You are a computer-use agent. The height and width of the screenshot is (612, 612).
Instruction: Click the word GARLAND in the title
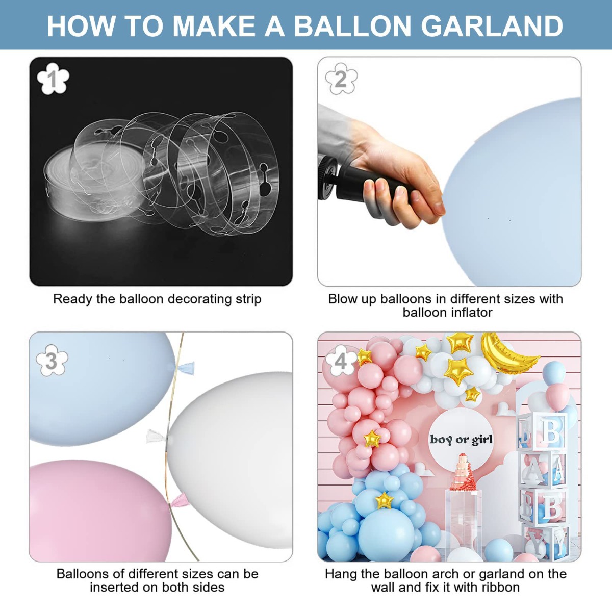click(493, 26)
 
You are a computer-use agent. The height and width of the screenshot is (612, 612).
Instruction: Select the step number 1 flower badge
click(53, 79)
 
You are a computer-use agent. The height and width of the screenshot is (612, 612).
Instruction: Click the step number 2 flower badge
click(341, 79)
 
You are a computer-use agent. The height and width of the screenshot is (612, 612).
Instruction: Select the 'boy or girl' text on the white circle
click(461, 440)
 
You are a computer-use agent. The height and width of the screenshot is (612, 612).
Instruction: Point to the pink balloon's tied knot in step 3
click(178, 501)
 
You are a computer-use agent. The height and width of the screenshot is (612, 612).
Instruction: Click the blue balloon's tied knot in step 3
click(186, 368)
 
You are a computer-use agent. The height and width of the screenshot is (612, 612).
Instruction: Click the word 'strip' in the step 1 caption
click(248, 299)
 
